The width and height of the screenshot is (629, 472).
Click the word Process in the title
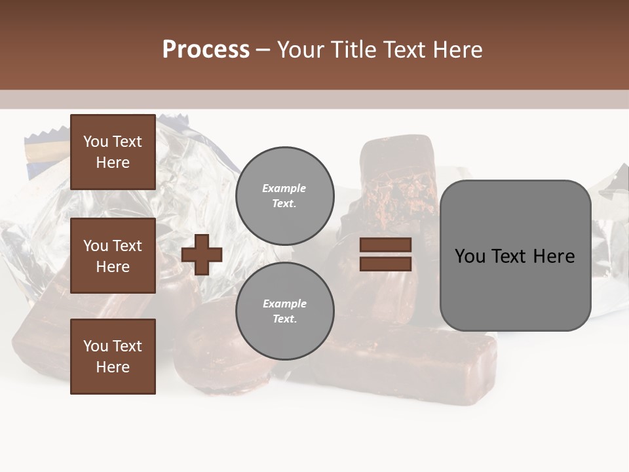[206, 50]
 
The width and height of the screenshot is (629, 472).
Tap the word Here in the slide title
[457, 50]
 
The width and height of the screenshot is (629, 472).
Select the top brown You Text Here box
[113, 152]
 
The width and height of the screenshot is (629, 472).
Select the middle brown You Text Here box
[113, 256]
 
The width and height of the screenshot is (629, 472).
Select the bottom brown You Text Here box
[113, 356]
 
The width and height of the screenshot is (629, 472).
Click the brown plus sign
[202, 254]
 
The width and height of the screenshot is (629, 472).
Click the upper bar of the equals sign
[385, 245]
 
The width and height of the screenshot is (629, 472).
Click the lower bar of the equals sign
[385, 264]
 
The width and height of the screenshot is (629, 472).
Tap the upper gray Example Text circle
[284, 195]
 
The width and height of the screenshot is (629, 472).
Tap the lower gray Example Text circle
[284, 311]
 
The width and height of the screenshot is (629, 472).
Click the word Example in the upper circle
[284, 188]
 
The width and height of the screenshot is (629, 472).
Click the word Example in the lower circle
[284, 304]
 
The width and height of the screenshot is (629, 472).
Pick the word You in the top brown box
[95, 142]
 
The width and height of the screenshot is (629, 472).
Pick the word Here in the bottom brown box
[113, 367]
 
